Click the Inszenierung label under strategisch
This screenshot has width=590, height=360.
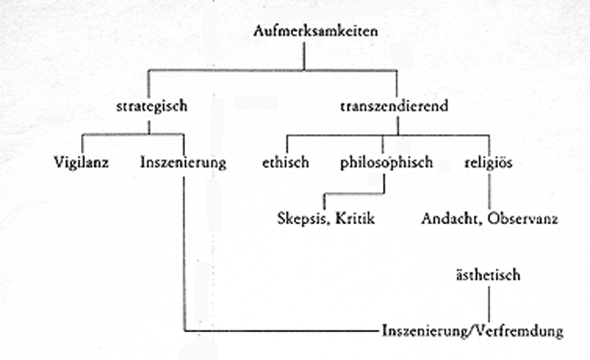click(x=183, y=163)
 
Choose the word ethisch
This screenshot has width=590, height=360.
click(x=285, y=163)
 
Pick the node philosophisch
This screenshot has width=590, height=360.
click(x=385, y=163)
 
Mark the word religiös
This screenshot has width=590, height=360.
click(x=489, y=163)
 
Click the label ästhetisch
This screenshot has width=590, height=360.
click(x=489, y=276)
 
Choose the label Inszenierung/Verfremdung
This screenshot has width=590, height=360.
click(x=473, y=332)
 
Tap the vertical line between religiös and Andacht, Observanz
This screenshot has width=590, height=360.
click(x=489, y=191)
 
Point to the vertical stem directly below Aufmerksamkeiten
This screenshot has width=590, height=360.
click(x=304, y=57)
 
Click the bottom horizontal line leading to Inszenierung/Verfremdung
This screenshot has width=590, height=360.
click(x=278, y=332)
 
